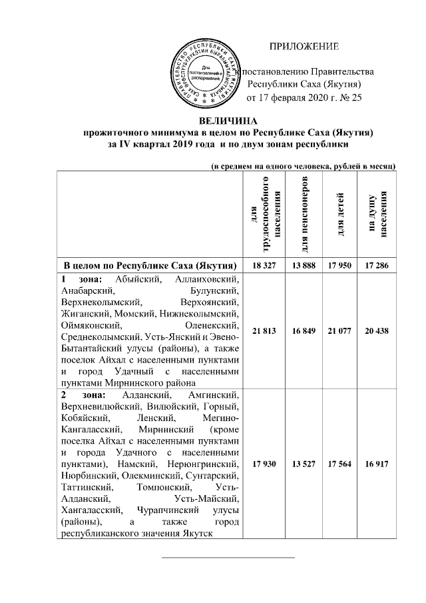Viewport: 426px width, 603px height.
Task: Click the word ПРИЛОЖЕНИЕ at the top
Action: [304, 46]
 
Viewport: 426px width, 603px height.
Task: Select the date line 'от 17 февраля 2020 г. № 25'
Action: [304, 98]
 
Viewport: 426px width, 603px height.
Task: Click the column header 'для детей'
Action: [339, 215]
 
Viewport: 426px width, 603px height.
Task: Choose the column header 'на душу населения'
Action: [377, 215]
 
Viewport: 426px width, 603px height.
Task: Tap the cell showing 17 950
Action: [339, 265]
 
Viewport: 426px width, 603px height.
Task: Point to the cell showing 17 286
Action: [377, 265]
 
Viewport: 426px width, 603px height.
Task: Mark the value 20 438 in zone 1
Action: [377, 330]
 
